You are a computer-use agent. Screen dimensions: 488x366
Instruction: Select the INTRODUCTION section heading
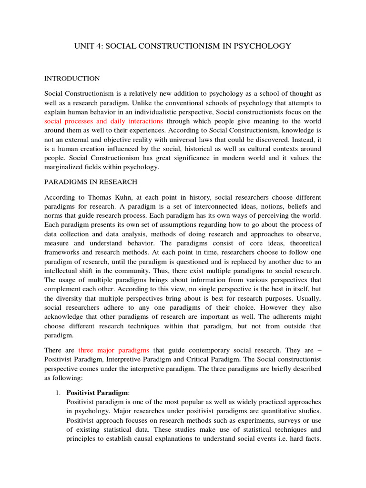[72, 78]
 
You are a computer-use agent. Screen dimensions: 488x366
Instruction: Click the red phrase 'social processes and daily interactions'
[103, 121]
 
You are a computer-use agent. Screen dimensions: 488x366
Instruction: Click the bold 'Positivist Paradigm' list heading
[97, 393]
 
